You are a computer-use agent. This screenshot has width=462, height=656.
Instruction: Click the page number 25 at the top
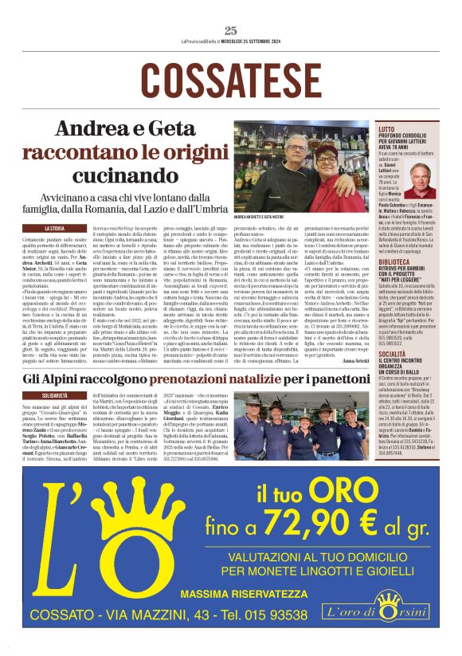pyautogui.click(x=231, y=31)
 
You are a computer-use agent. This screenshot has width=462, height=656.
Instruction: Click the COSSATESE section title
pyautogui.click(x=231, y=78)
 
